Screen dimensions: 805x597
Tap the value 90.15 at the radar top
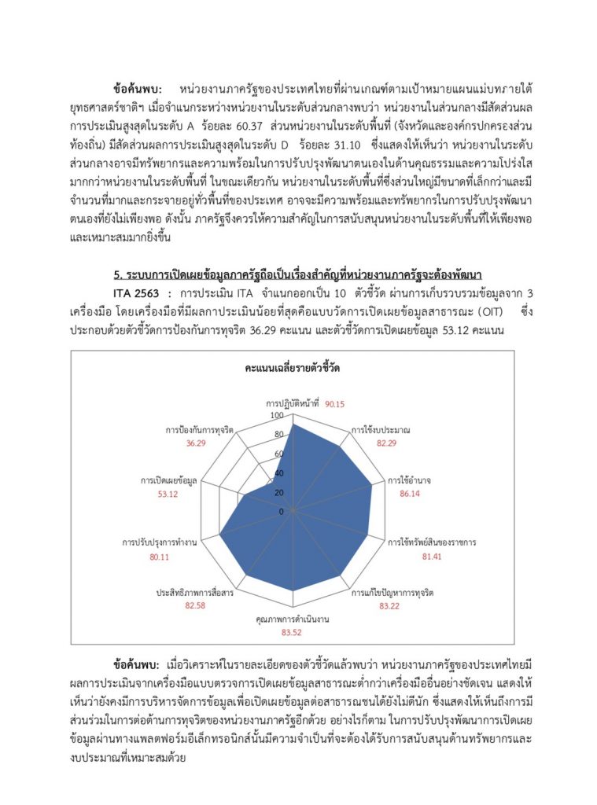(x=335, y=404)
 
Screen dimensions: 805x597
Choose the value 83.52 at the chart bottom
(x=293, y=632)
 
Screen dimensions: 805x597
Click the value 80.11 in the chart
(x=160, y=557)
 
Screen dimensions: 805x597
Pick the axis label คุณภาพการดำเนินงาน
(x=292, y=619)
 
